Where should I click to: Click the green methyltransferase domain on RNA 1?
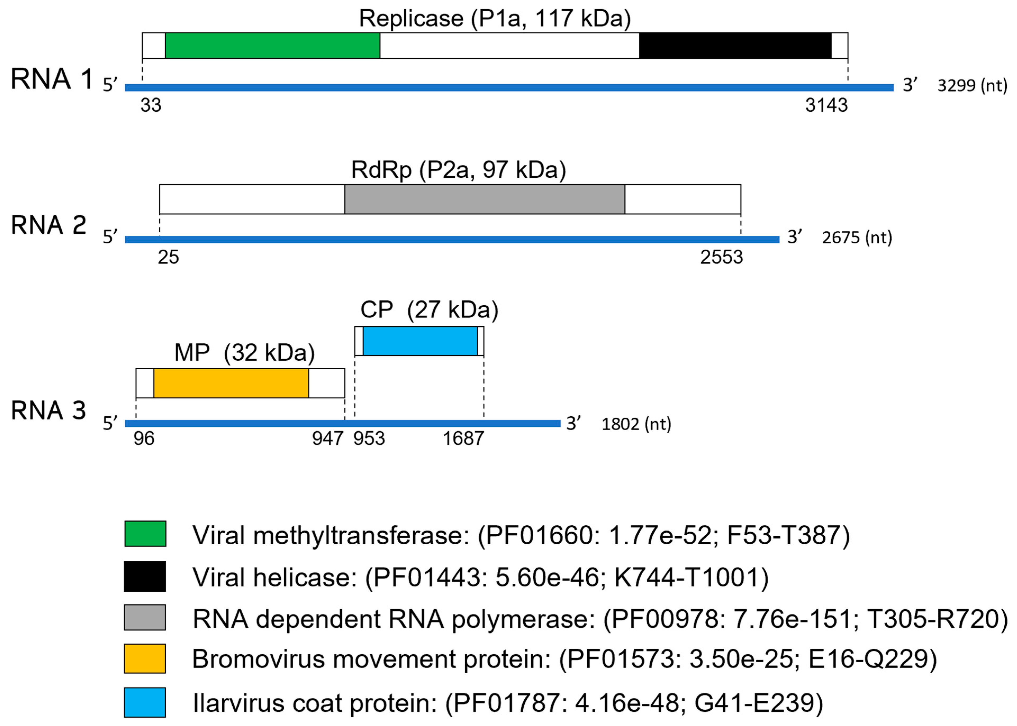tap(272, 45)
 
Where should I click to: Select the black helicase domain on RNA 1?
tap(735, 45)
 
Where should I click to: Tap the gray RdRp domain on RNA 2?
tap(484, 199)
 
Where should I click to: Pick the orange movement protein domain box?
tap(231, 383)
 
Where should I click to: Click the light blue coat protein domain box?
tap(420, 341)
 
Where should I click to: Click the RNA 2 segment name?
tap(48, 225)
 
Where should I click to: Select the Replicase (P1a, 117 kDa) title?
tap(495, 19)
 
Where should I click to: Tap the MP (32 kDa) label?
tap(244, 353)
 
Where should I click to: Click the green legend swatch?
tap(145, 534)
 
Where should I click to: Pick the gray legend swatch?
tap(145, 617)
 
